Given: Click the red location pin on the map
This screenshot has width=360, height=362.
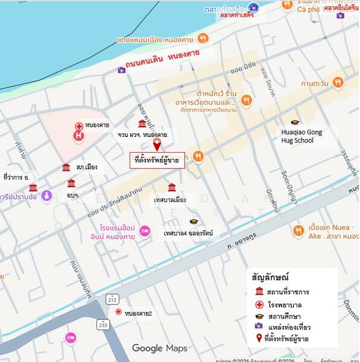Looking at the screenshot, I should point(157,145).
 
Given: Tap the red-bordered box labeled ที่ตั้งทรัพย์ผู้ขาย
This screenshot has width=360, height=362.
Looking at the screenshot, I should point(154,160).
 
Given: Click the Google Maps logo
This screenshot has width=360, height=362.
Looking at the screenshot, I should point(159,348).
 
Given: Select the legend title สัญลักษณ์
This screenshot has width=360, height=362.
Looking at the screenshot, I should point(270,278).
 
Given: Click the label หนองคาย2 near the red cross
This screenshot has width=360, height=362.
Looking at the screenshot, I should point(138,313).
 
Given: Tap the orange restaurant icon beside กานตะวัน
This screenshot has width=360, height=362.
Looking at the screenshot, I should point(338,82).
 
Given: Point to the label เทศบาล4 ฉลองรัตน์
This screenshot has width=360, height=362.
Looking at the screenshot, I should point(188,233).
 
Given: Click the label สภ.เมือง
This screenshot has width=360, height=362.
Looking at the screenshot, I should point(87,167).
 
